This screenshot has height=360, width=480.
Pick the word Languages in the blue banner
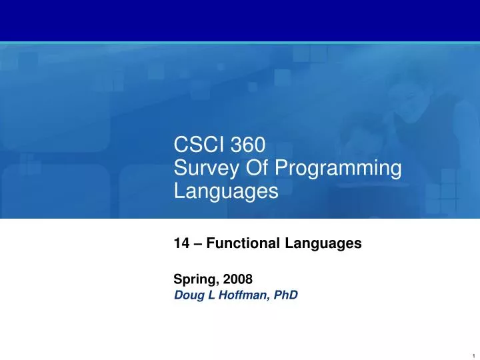pos(225,193)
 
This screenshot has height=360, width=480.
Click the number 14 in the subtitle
pos(181,244)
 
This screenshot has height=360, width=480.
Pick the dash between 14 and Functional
pos(196,244)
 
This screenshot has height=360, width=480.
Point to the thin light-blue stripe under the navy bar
pos(240,43)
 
